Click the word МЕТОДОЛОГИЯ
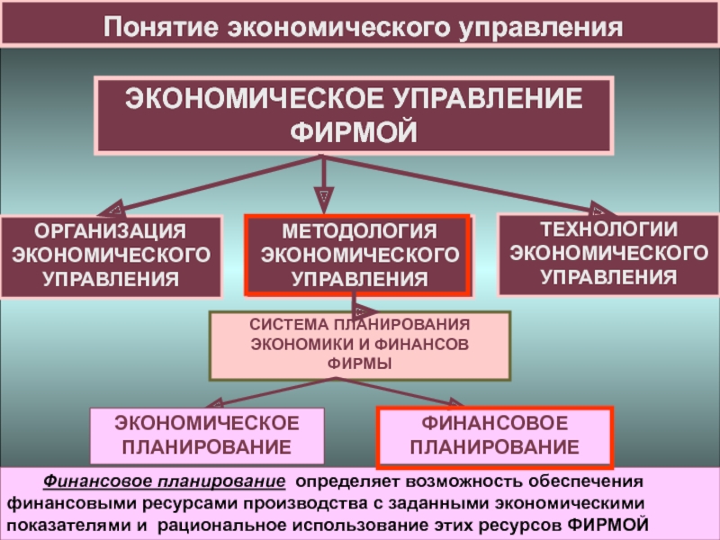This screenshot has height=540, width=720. (x=357, y=233)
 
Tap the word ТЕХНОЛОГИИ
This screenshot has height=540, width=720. (x=608, y=229)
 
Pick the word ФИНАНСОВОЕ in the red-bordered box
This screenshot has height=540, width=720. (x=494, y=423)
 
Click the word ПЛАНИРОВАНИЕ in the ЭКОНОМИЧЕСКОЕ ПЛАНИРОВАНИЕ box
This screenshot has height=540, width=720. (x=206, y=446)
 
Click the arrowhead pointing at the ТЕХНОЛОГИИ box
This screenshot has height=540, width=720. (x=596, y=209)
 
